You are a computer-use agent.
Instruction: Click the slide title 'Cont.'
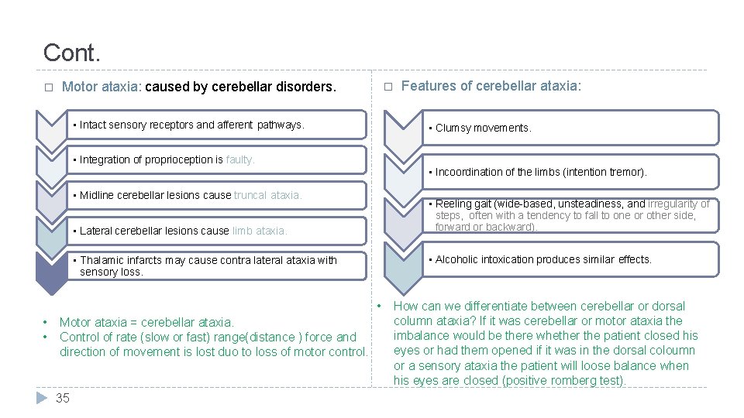[72, 53]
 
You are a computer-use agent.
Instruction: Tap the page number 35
[63, 398]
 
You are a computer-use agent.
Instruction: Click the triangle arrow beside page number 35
[43, 398]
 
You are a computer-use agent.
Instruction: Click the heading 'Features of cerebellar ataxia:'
[491, 86]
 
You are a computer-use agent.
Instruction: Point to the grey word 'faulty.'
[240, 159]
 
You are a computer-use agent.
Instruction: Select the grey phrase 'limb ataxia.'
[260, 231]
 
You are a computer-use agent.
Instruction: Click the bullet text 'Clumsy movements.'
[483, 128]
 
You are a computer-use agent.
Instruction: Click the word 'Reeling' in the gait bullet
[453, 204]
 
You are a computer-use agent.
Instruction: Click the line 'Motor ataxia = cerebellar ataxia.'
[146, 322]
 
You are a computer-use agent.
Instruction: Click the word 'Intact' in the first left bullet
[93, 125]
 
